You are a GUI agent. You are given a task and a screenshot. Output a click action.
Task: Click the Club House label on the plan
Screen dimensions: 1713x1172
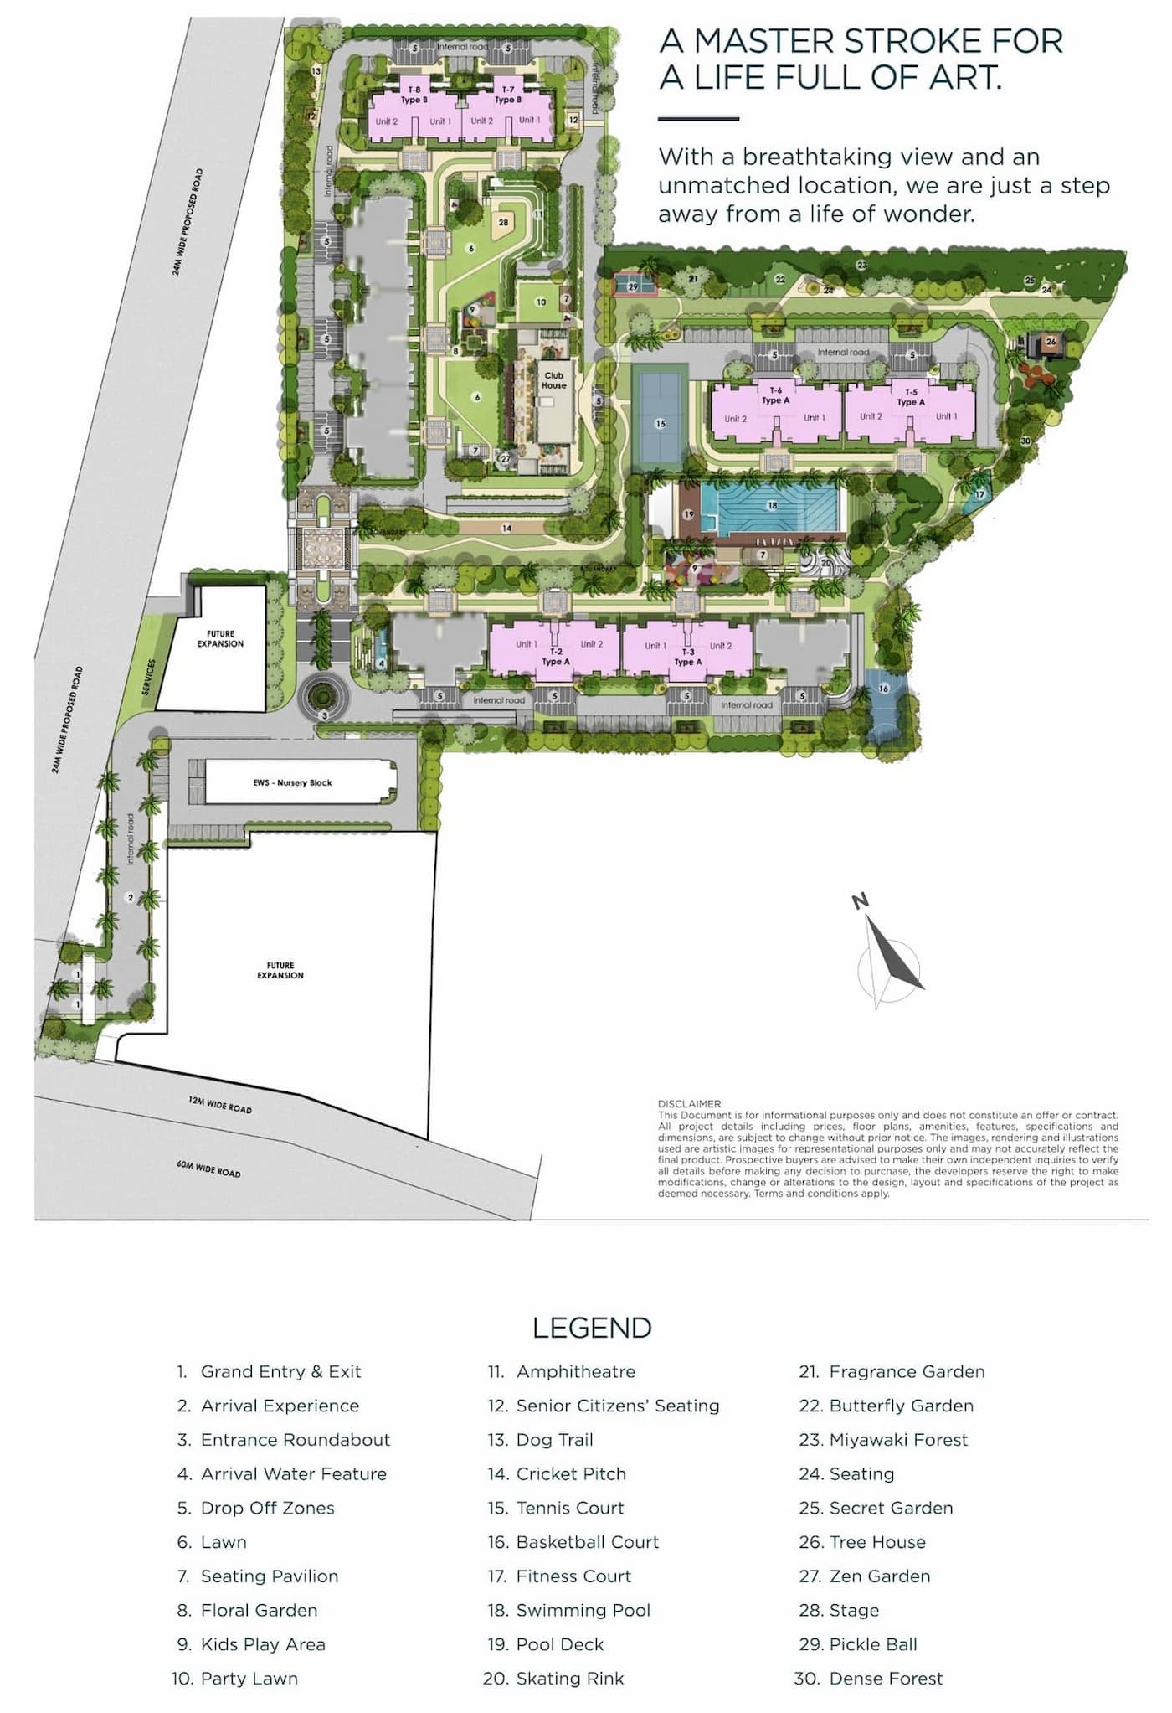(553, 380)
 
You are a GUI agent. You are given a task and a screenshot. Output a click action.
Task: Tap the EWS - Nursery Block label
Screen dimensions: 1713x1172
(292, 782)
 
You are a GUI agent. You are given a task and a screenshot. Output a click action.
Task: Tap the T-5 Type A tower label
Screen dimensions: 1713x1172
(910, 397)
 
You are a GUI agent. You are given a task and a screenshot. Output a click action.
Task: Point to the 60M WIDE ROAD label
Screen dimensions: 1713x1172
(208, 1168)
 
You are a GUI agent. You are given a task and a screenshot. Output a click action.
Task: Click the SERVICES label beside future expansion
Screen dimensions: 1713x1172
(150, 677)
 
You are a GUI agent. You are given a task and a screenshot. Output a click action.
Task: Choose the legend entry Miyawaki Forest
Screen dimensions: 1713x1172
(897, 1440)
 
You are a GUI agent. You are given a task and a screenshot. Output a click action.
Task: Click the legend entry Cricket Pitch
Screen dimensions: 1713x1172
(570, 1474)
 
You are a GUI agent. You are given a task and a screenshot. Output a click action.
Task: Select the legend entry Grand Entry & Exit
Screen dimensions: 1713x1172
(280, 1372)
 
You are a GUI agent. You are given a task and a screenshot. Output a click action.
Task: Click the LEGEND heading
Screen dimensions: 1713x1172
(591, 1328)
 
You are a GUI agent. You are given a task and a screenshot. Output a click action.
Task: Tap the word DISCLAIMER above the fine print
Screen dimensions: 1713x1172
(689, 1103)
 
